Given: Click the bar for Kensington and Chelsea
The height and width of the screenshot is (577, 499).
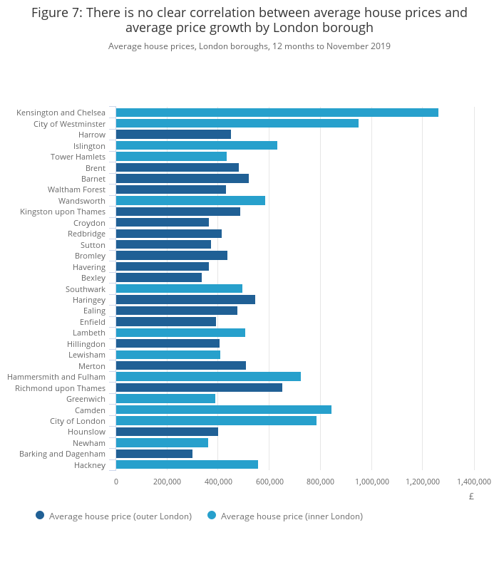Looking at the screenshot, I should tap(277, 113).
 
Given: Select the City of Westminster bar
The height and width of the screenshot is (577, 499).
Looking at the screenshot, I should tap(237, 123).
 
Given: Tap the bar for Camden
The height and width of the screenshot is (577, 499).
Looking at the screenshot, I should tap(223, 410).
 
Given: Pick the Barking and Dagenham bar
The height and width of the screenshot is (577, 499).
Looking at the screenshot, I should tap(154, 454).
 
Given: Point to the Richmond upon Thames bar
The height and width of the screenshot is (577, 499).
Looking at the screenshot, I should tap(199, 388).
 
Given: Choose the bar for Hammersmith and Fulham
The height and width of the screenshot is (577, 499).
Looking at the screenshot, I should tap(208, 377).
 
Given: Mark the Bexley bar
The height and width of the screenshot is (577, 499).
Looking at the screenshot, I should tap(158, 278).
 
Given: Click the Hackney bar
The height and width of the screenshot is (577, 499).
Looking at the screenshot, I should tap(187, 464).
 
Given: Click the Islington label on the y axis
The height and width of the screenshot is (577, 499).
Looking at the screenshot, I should tap(89, 146).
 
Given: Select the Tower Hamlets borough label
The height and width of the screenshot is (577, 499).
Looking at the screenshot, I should tap(78, 157).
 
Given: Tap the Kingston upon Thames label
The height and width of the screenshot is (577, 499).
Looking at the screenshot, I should tap(63, 212).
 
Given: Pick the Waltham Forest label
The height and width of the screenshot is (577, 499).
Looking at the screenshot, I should tap(76, 189).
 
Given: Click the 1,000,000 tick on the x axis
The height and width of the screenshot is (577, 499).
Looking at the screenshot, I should tap(371, 482).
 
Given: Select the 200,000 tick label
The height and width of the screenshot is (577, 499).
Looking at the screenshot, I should tap(167, 482).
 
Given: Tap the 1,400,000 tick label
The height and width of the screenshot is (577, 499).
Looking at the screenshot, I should tap(473, 482).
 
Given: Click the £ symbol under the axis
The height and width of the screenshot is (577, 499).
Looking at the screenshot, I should tap(471, 497).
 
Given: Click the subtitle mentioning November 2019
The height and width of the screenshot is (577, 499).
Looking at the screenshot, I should tap(249, 46).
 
